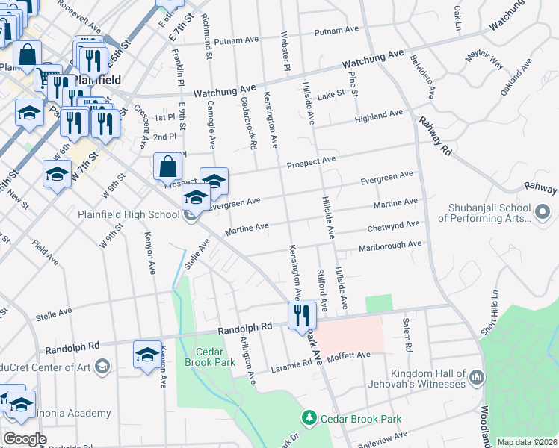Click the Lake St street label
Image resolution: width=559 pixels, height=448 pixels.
(330, 95)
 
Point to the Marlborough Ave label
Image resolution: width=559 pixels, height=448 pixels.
(390, 245)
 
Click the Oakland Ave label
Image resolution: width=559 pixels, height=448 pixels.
(516, 75)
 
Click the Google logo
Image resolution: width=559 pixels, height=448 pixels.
(25, 438)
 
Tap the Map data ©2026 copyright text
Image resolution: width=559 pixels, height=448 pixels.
(527, 442)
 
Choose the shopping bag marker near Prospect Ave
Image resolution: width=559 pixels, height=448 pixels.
(167, 167)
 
